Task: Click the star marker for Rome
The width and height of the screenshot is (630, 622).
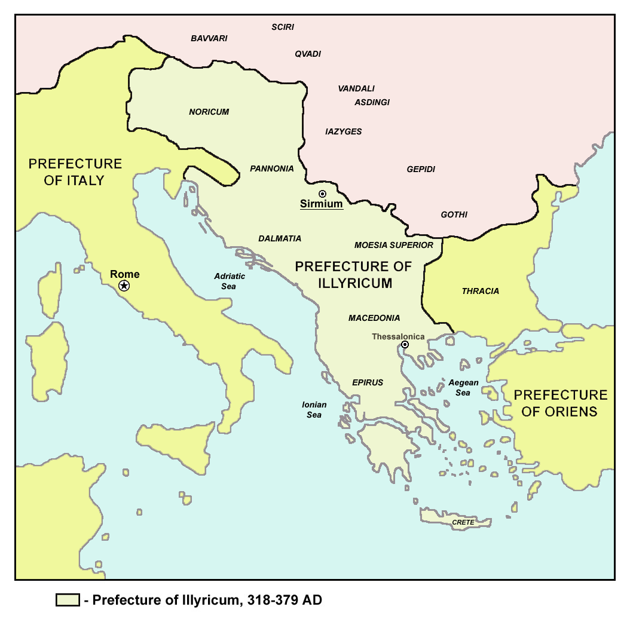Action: point(124,286)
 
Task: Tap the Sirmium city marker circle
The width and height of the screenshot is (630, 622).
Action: point(322,194)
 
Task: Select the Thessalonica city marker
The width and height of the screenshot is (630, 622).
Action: point(405,345)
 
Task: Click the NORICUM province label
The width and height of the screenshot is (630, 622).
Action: point(209,112)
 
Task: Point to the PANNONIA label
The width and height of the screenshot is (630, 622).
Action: point(272,168)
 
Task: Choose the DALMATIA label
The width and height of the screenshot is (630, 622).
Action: point(280,238)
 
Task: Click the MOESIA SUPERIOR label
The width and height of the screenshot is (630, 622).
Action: point(393,245)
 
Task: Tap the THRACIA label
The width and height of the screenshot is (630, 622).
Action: point(480,291)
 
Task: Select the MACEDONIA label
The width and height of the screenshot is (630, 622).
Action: point(374,318)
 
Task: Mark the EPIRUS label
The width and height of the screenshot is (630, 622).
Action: point(368,382)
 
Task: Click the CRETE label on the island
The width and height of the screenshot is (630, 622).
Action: point(463,522)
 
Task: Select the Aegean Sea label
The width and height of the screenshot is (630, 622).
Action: point(463,388)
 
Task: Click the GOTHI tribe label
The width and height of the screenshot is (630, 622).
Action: point(454,215)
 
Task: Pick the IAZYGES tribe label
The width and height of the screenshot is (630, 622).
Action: point(343,131)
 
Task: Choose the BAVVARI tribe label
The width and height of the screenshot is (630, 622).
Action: point(209,38)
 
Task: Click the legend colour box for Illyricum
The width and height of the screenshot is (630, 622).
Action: point(68,600)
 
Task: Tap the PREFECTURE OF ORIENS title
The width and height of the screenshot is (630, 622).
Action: point(560,403)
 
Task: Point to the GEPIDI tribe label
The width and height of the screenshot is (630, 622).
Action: point(421,169)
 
